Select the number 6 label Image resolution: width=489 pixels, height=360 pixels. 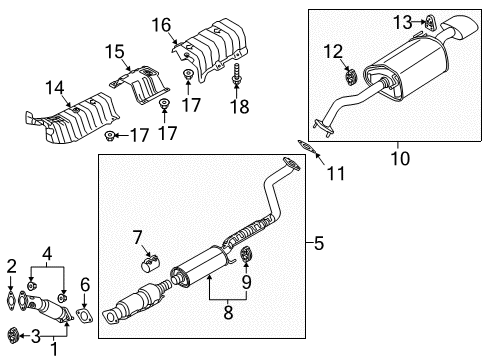point(86,285)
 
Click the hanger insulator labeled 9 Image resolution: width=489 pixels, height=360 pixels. point(248,264)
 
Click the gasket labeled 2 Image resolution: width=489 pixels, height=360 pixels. point(13,297)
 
